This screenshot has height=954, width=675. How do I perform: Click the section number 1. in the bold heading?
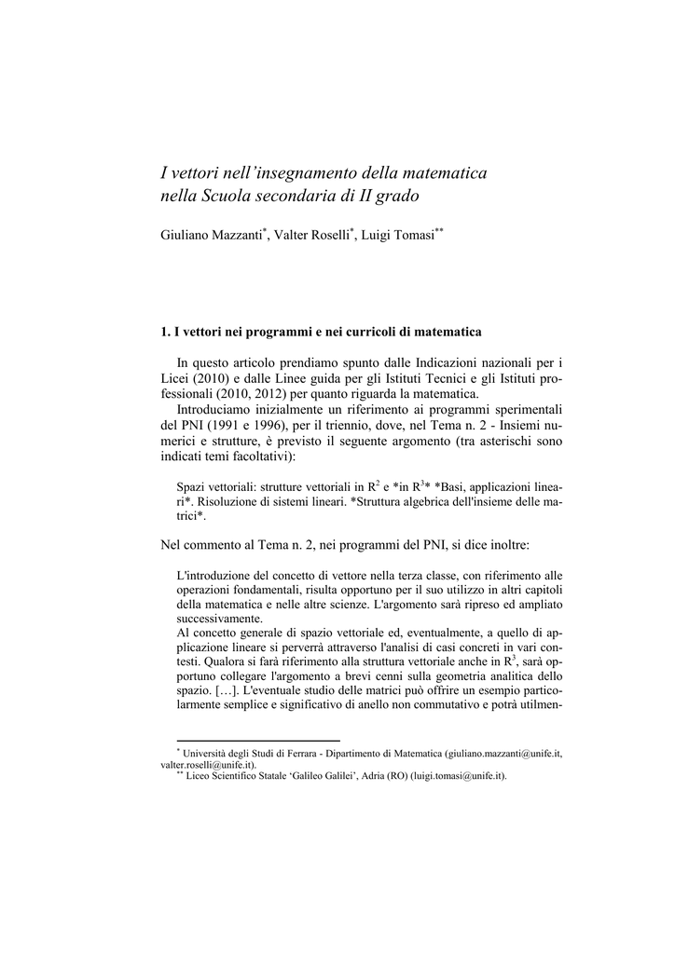(166, 331)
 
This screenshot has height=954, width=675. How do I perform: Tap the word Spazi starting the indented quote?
(192, 487)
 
